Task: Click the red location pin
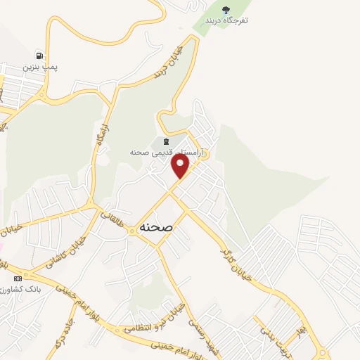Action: (181, 166)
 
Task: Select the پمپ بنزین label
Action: (39, 67)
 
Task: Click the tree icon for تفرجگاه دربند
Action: (226, 10)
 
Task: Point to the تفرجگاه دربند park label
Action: (226, 20)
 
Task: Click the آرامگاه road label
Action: (98, 141)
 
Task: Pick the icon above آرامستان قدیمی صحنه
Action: (165, 141)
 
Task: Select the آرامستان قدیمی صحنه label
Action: (166, 151)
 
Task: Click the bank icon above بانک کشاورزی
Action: (18, 278)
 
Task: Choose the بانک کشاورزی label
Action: (20, 289)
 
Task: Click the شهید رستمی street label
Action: (197, 330)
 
